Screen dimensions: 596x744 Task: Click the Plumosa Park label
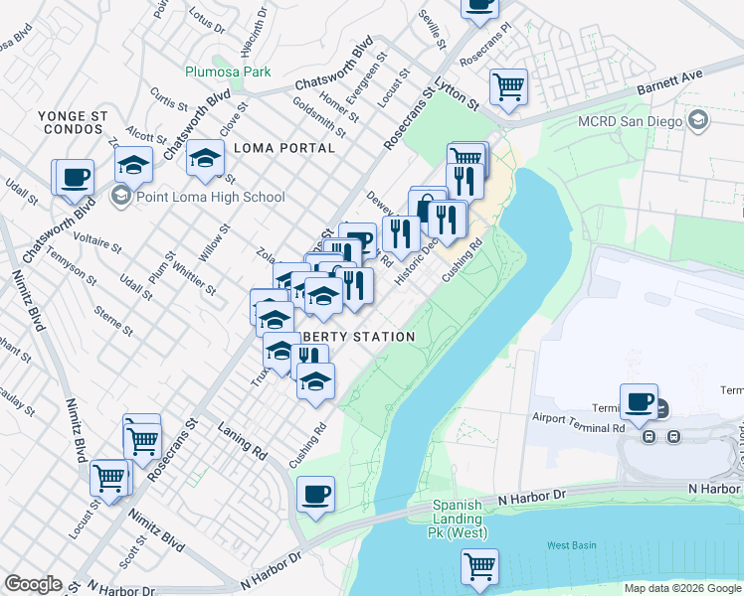pos(228,72)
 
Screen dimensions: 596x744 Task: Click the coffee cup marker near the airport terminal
pos(639,402)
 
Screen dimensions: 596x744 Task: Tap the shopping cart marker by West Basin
pos(479,566)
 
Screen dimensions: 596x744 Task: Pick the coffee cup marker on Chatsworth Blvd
pos(75,178)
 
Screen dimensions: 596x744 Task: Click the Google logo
pos(33,584)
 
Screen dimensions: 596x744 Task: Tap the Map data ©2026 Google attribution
pos(682,588)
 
